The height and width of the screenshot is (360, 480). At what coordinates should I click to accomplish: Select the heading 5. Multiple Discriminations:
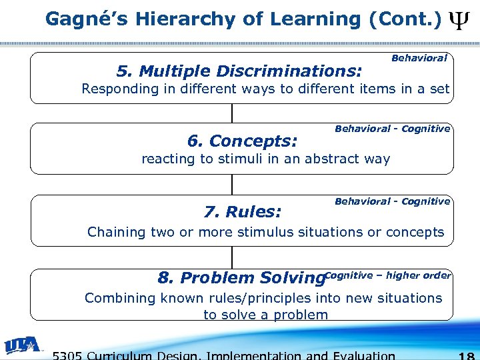click(x=239, y=71)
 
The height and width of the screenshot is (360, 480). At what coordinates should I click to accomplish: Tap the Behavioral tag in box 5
click(x=419, y=59)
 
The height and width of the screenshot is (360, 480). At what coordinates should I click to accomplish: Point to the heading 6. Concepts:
click(x=242, y=141)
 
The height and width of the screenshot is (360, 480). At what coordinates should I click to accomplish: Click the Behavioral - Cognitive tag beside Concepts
click(x=392, y=129)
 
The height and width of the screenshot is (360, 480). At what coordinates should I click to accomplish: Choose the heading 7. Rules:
click(x=243, y=213)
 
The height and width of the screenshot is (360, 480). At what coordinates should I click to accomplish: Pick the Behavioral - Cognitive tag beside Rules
click(x=392, y=201)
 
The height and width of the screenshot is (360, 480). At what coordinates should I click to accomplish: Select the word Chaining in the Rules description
click(x=117, y=232)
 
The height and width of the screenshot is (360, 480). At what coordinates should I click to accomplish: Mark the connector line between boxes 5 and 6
click(x=232, y=113)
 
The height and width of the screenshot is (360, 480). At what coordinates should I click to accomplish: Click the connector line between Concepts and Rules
click(x=232, y=185)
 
